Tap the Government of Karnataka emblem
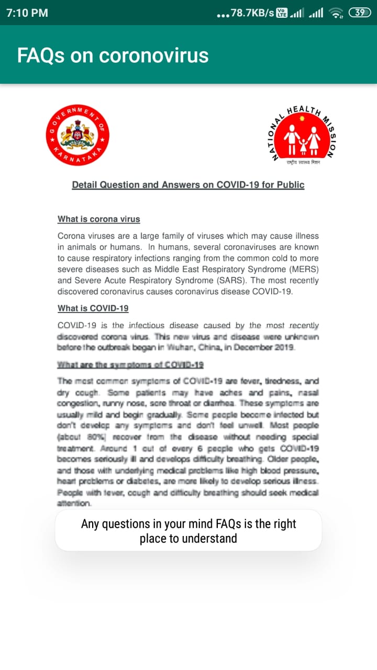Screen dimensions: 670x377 pyautogui.click(x=77, y=135)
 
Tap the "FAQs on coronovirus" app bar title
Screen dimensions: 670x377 pyautogui.click(x=113, y=55)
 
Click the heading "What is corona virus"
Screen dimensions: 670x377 pyautogui.click(x=98, y=219)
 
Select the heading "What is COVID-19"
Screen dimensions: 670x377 pyautogui.click(x=93, y=308)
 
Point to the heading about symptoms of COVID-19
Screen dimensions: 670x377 pyautogui.click(x=130, y=365)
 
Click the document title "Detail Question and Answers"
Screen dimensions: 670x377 pyautogui.click(x=188, y=185)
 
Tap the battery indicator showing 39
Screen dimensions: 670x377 pyautogui.click(x=360, y=13)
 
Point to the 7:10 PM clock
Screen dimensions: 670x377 pyautogui.click(x=27, y=13)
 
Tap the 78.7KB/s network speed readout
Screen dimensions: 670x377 pyautogui.click(x=252, y=13)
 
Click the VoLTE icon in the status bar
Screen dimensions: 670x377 pyautogui.click(x=282, y=13)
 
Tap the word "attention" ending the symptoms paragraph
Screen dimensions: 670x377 pyautogui.click(x=74, y=504)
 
